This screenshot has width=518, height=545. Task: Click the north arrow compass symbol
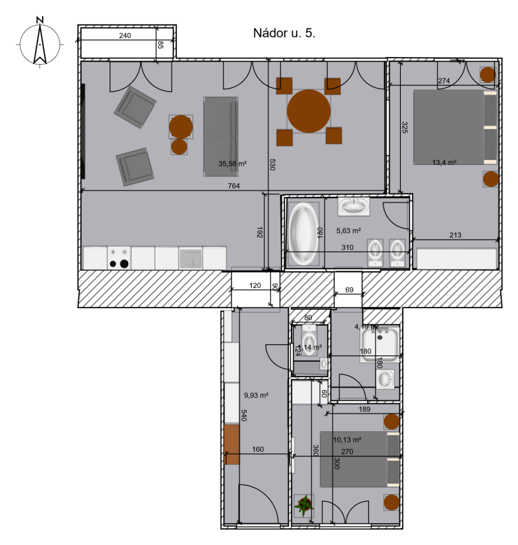[39, 43]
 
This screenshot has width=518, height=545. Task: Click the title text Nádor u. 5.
[284, 34]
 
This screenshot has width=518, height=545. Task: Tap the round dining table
[309, 111]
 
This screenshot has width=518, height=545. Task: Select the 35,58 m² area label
[232, 164]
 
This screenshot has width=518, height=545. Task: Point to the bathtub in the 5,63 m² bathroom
[302, 233]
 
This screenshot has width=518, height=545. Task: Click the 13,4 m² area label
[444, 162]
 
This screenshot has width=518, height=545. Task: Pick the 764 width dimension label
[234, 186]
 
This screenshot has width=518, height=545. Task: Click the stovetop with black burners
[118, 258]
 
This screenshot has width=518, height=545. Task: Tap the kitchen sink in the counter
[191, 258]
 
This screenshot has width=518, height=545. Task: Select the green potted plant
[304, 504]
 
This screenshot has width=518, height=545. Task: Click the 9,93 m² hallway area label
[256, 394]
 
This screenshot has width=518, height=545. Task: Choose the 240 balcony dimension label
[125, 36]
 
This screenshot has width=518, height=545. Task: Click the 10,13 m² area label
[347, 439]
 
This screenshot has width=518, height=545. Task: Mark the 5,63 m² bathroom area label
[348, 230]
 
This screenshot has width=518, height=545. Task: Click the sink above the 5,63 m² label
[354, 206]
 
